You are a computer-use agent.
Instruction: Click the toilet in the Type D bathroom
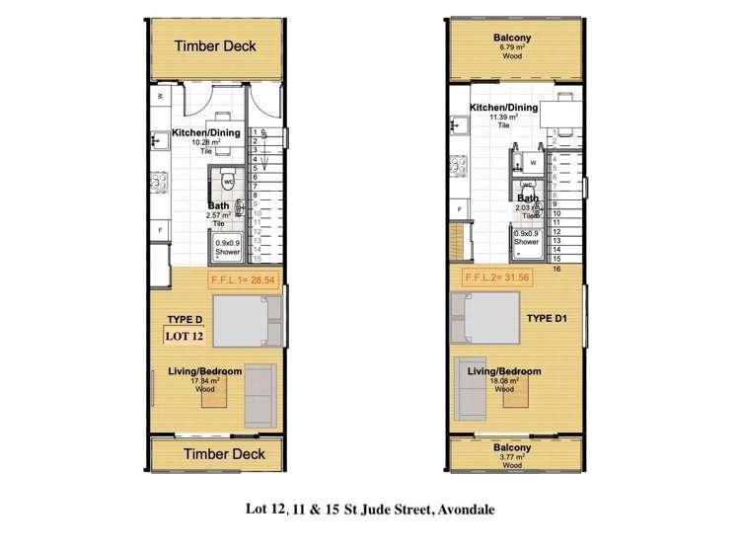click(227, 183)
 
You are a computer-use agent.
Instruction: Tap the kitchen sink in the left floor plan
click(157, 141)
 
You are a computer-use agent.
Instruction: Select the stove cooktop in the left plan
click(157, 182)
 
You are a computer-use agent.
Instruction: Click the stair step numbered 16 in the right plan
click(556, 268)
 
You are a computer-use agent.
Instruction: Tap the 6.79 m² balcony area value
click(512, 47)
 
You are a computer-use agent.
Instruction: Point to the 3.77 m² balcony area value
click(512, 456)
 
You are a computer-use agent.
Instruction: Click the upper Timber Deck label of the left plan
click(215, 46)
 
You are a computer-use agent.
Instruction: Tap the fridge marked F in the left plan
click(160, 229)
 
